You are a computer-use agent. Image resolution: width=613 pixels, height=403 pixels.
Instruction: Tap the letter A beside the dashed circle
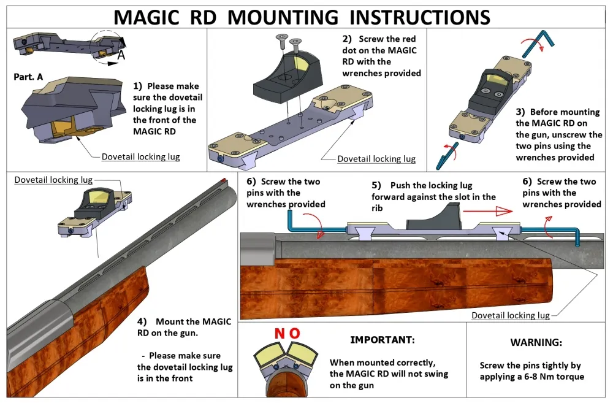click(x=121, y=55)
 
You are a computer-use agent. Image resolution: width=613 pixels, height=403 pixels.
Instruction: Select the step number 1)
click(x=138, y=86)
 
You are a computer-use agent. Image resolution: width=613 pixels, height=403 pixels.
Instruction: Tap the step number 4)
click(x=142, y=321)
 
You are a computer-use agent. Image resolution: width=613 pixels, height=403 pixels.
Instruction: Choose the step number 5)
click(x=376, y=185)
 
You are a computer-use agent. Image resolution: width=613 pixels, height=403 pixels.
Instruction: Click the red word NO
click(x=287, y=334)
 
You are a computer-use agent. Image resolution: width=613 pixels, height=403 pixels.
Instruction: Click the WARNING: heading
click(x=536, y=342)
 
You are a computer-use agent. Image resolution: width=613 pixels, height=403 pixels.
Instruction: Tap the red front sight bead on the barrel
click(x=224, y=180)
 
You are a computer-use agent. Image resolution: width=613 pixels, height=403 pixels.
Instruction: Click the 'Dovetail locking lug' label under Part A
click(x=140, y=157)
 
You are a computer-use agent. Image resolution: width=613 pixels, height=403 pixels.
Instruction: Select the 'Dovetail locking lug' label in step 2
click(x=376, y=159)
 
